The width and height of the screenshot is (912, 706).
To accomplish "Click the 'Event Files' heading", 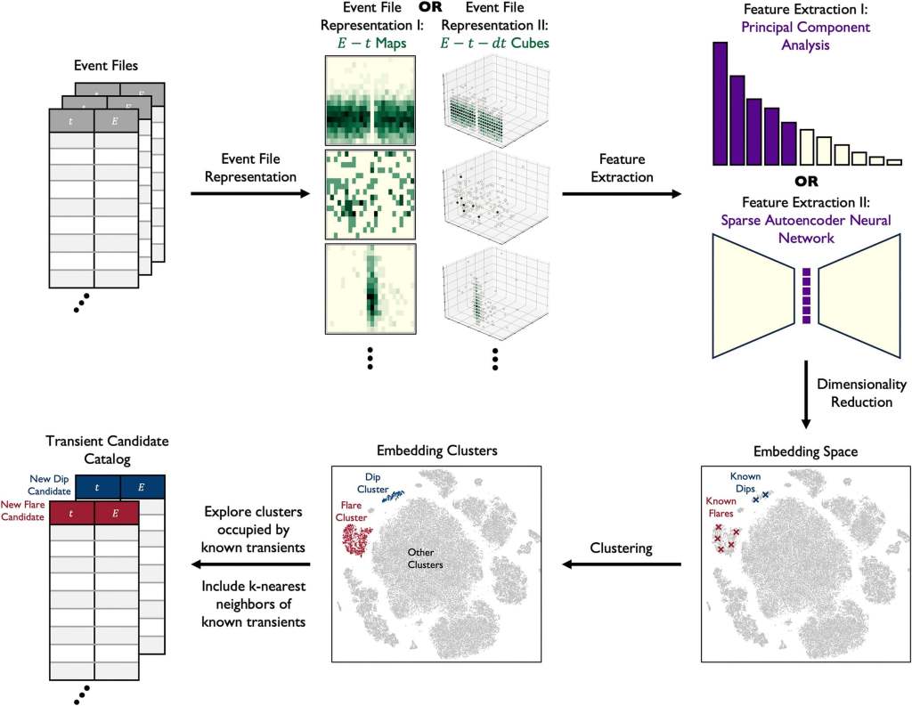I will [104, 66].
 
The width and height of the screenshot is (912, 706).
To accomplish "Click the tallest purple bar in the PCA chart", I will [721, 103].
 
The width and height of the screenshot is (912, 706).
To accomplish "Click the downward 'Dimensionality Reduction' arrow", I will [805, 393].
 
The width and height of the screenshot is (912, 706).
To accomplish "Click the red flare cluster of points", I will [356, 539].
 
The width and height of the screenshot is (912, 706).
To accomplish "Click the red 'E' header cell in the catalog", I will [117, 514].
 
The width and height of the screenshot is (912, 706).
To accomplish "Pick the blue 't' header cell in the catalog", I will [97, 487].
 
